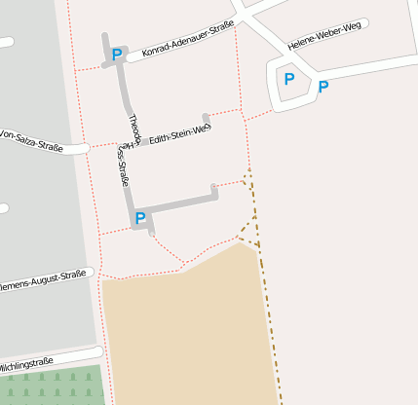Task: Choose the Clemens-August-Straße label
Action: coord(44,281)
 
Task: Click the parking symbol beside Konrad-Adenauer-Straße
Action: coord(117,55)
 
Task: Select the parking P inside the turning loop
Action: coord(288,79)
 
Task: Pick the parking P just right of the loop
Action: coord(323,87)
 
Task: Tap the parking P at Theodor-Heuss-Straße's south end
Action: coord(139,218)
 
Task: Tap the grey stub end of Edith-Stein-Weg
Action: coord(206,120)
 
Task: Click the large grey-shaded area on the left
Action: coord(34,214)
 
